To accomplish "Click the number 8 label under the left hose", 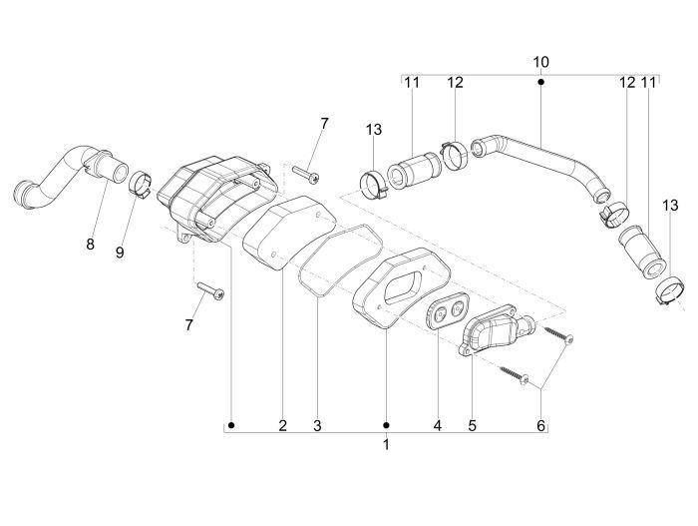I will point(90,245).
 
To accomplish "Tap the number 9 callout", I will point(120,253).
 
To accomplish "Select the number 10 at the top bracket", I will point(540,62).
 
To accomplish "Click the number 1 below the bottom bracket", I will point(386,445).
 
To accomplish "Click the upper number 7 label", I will point(323,123).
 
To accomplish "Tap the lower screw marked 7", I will point(211,289).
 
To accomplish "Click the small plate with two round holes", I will point(445,312).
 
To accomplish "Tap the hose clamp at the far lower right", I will point(667,290).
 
